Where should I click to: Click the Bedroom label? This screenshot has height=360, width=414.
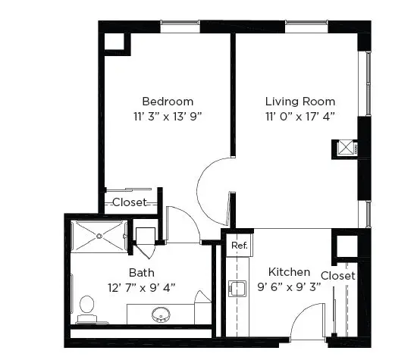pos(168,102)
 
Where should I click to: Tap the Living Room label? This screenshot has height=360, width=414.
pos(300,102)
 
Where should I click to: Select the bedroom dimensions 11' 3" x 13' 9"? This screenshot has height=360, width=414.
pos(168,116)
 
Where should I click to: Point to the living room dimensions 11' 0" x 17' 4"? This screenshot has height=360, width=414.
pos(300,116)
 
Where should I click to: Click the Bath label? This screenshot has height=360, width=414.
pos(142,273)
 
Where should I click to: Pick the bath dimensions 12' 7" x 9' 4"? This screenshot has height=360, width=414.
pos(142,287)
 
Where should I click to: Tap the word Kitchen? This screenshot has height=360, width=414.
pos(289,272)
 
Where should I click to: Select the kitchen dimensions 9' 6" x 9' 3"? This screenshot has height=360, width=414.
pos(289,286)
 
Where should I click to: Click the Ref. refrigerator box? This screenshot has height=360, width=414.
pos(239,246)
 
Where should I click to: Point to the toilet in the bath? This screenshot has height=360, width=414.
pos(86,308)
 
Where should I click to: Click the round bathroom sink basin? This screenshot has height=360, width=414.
pos(161,315)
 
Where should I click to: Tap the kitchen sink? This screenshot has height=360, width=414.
pos(237,289)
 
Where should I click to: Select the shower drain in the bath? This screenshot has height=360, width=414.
pos(99,236)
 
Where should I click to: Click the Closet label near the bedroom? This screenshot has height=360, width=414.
pos(130,202)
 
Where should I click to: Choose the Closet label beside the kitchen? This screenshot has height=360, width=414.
pos(338,276)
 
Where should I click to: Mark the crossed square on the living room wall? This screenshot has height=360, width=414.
pos(346,148)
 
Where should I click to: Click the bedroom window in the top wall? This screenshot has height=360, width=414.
pos(180,27)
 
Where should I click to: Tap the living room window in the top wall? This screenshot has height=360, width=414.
pos(306,27)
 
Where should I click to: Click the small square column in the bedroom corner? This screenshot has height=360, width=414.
pos(114,42)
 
